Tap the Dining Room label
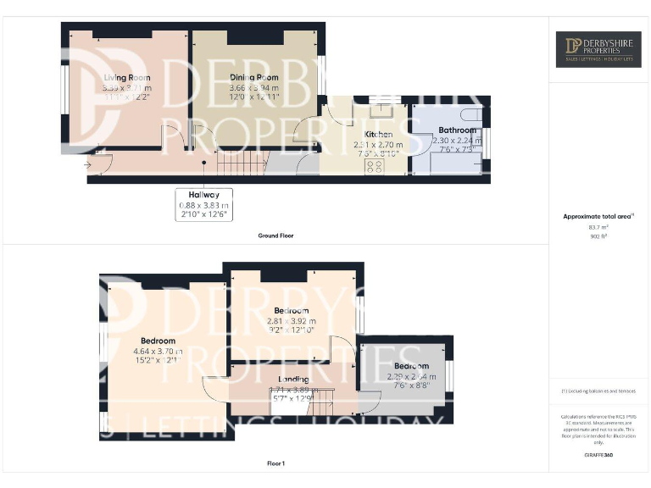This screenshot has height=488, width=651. [x=254, y=78]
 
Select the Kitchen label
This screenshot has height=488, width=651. [x=378, y=135]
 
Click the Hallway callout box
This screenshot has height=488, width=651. [x=204, y=203]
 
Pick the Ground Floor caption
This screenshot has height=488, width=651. [x=276, y=236]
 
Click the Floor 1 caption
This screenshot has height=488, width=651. [x=276, y=463]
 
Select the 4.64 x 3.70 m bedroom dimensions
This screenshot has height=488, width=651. [x=159, y=351]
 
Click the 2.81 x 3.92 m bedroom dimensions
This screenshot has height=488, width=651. [x=291, y=321]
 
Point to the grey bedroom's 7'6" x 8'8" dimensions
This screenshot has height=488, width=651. [x=412, y=385]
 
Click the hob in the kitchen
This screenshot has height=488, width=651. [x=374, y=166]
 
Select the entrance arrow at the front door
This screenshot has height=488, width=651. [x=89, y=164]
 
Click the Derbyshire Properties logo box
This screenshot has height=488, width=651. [x=598, y=49]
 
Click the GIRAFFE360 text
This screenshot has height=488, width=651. [x=598, y=456]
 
